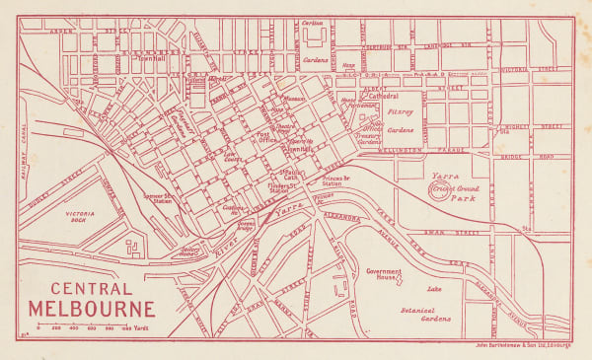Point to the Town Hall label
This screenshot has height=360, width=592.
[x=151, y=58]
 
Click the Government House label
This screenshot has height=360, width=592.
[x=387, y=273]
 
